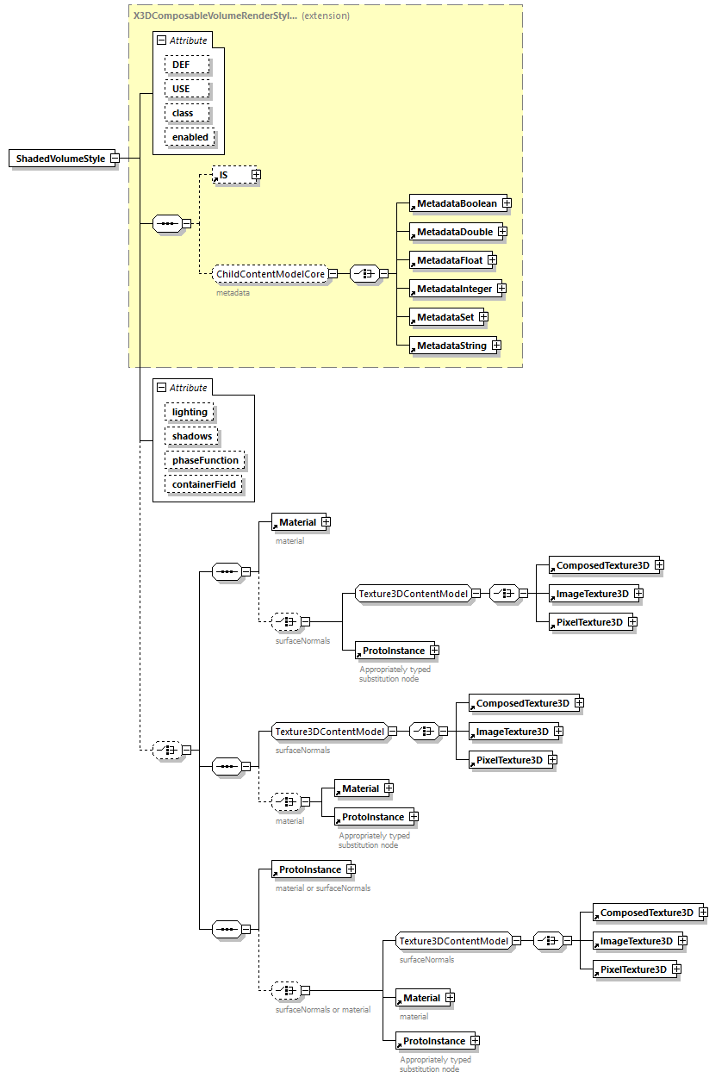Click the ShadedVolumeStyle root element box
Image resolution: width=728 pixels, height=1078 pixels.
(x=59, y=159)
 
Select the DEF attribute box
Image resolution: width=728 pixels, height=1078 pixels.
(x=181, y=65)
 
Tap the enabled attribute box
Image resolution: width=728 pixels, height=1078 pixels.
(x=190, y=137)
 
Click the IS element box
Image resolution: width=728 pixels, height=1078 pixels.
(x=230, y=175)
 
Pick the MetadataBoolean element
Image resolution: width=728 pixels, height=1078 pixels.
(x=456, y=203)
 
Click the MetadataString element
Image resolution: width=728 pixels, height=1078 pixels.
(x=451, y=346)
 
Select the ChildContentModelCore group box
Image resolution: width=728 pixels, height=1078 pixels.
(x=270, y=274)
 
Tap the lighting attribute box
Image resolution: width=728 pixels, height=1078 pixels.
(x=190, y=412)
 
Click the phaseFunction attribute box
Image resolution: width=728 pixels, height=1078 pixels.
(x=205, y=460)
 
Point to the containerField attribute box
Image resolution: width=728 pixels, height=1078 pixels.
(x=203, y=484)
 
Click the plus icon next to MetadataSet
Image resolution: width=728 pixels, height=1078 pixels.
(x=483, y=317)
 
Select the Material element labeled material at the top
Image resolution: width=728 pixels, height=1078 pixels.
(x=296, y=522)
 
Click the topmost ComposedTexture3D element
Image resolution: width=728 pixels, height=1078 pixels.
(x=602, y=565)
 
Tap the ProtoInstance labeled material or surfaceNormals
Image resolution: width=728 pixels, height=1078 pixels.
(x=308, y=869)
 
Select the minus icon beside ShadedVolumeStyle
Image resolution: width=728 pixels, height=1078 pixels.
(x=114, y=159)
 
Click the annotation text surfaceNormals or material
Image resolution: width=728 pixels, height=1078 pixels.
(x=323, y=1009)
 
